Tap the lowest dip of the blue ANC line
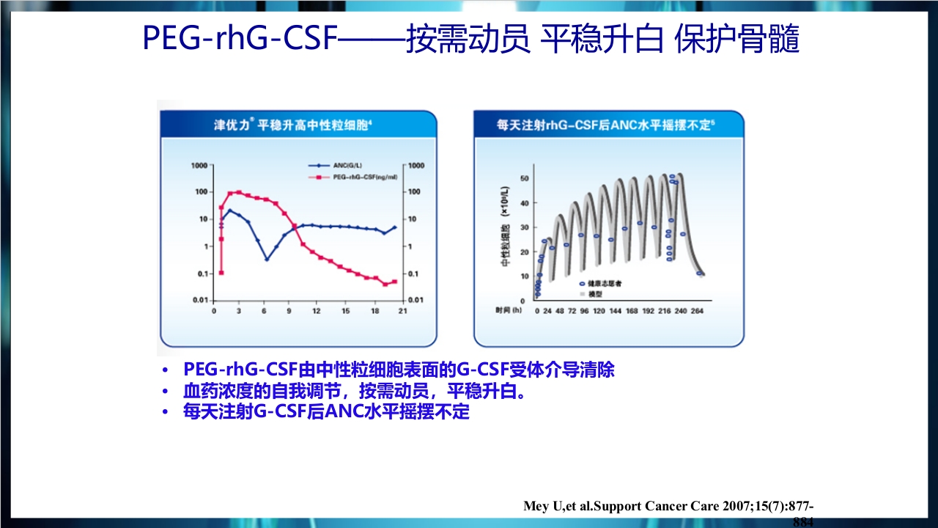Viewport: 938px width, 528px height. [x=267, y=259]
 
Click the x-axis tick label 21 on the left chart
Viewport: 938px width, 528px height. [x=402, y=311]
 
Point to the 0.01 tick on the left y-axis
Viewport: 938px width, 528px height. [x=198, y=301]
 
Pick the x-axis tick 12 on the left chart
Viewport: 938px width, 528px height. [x=317, y=311]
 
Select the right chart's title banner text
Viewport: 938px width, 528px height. [x=605, y=125]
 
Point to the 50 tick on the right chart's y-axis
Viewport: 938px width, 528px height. [x=523, y=178]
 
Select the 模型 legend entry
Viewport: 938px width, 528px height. [x=596, y=293]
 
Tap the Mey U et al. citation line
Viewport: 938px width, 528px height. [x=668, y=507]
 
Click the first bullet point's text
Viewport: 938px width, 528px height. [x=399, y=370]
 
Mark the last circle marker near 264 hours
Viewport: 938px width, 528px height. [x=699, y=274]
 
